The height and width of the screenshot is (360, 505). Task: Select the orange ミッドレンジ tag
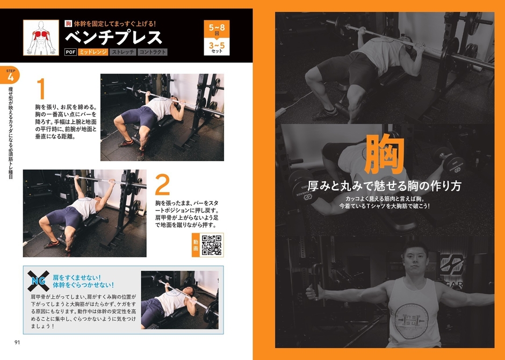click(92, 53)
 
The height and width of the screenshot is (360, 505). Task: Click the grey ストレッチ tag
click(122, 53)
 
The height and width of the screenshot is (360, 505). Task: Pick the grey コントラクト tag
click(153, 53)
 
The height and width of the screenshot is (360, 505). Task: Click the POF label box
click(70, 53)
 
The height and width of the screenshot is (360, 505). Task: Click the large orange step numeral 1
click(41, 89)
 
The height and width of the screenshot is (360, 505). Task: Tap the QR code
click(212, 245)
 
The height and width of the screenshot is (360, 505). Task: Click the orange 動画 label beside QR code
click(196, 245)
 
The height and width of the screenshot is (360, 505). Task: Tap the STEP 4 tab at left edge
click(10, 76)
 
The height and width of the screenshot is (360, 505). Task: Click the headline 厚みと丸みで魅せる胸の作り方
click(384, 186)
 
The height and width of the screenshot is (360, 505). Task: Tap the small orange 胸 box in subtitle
click(68, 23)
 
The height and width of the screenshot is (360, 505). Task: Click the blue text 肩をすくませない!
click(77, 277)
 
